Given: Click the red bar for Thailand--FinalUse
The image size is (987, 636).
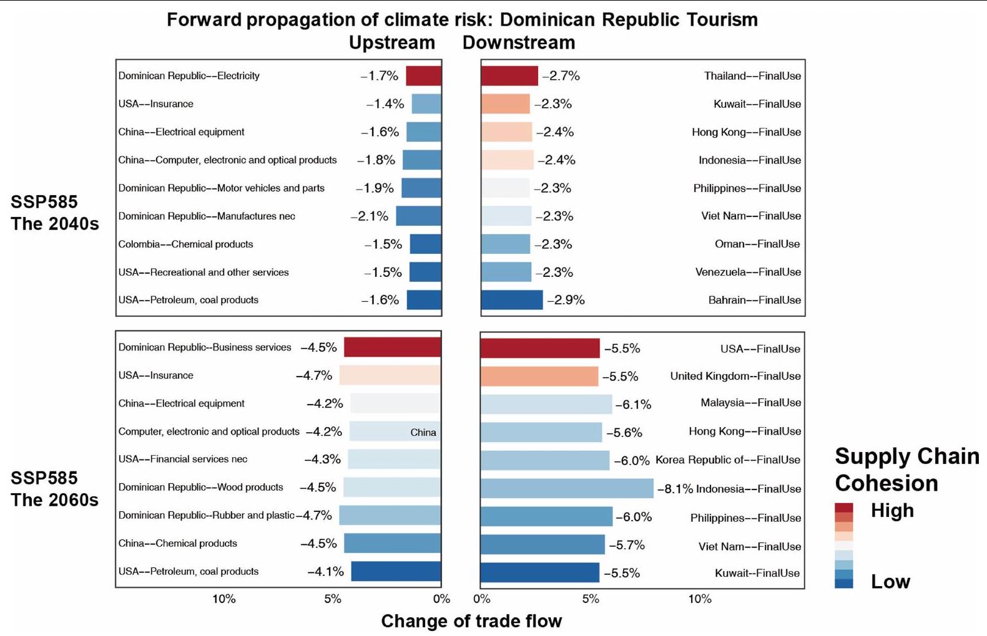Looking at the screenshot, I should (x=509, y=76).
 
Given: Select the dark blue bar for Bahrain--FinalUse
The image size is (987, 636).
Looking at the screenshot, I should (x=512, y=300).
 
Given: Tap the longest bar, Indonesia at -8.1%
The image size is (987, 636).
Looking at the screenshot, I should (x=567, y=489).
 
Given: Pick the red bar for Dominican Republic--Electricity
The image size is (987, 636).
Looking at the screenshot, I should (x=424, y=76).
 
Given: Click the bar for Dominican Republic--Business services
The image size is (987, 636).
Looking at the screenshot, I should (x=393, y=347).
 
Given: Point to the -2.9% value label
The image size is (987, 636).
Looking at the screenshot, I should (x=566, y=300).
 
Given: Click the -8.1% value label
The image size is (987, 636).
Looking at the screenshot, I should (x=675, y=489).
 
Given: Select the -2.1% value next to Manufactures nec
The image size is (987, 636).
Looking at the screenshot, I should (x=370, y=216).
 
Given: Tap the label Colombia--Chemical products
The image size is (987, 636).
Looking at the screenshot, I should (x=185, y=244).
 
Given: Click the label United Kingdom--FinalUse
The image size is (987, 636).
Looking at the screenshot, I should (x=735, y=376).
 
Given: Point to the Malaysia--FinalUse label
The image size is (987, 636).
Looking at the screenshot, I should (x=750, y=403).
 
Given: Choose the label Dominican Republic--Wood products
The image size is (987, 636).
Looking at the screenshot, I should (x=200, y=487).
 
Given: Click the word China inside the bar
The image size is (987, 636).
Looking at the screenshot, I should (x=423, y=433).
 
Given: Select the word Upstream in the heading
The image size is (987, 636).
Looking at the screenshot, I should (x=391, y=42).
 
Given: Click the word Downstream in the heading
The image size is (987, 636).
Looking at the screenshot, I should (x=518, y=42).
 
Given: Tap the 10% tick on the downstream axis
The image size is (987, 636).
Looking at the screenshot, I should (x=700, y=599).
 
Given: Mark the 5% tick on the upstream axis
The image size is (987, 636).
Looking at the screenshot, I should (x=332, y=599).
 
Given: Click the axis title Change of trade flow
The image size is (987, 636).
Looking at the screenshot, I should (x=471, y=621).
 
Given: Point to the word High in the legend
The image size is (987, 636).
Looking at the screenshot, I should (x=892, y=511).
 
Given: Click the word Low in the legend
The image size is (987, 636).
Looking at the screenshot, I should (x=890, y=582).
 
